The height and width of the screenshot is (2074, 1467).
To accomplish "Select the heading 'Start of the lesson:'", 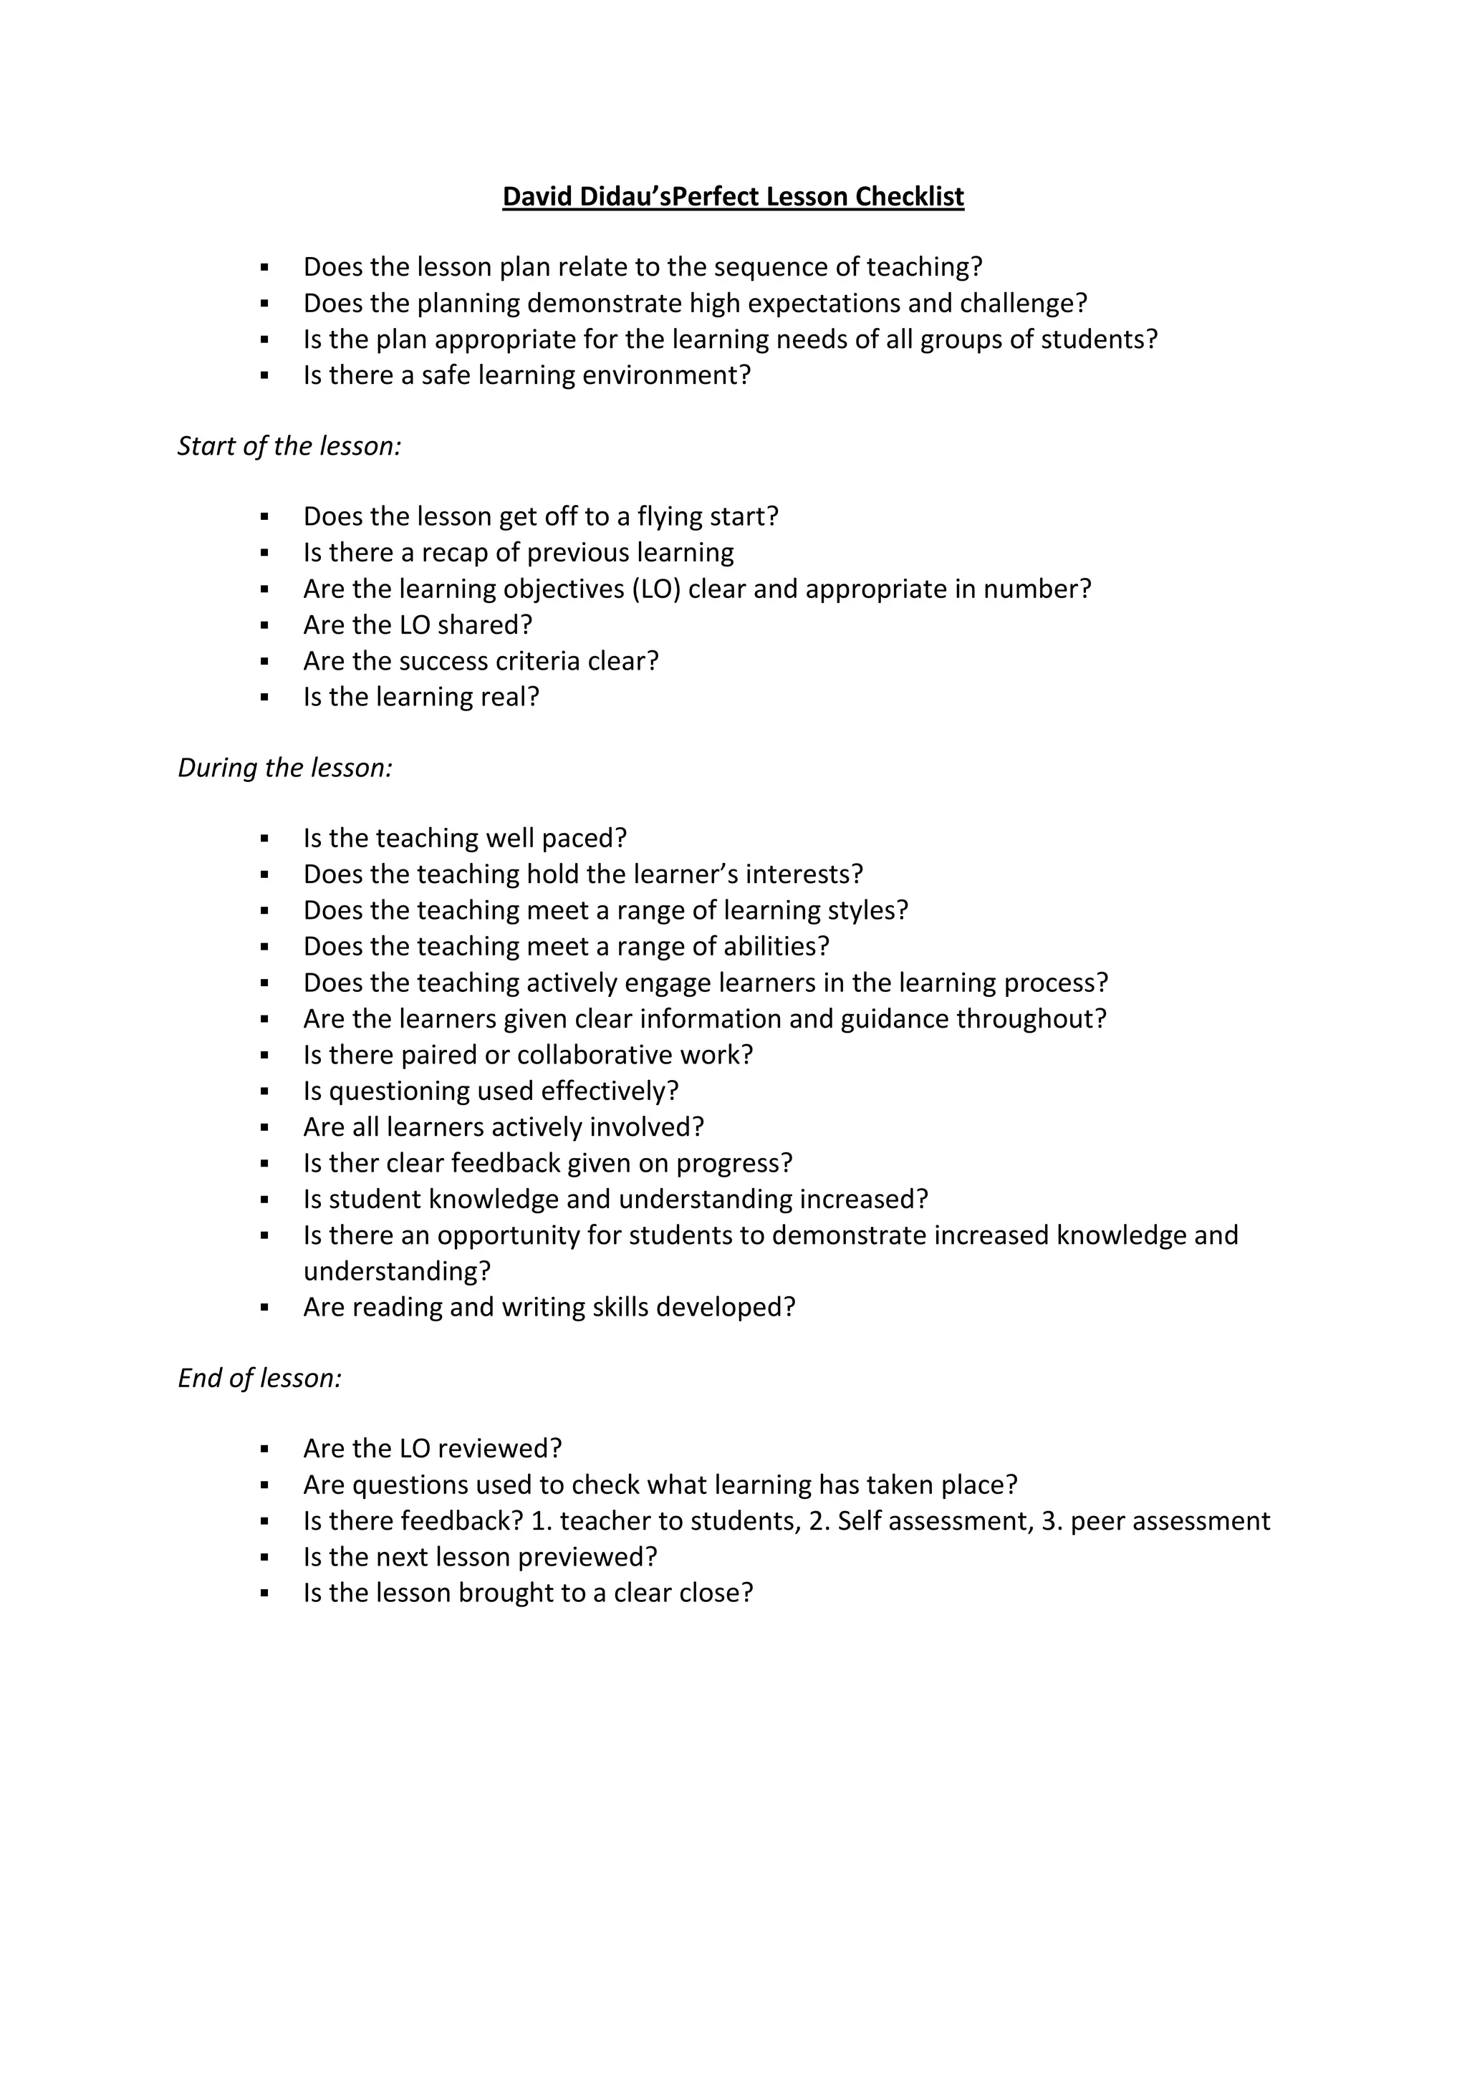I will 289,446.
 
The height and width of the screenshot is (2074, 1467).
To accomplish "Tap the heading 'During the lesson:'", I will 284,768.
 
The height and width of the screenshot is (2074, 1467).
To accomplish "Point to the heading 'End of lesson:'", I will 259,1379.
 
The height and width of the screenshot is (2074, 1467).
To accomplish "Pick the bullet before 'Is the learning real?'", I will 264,698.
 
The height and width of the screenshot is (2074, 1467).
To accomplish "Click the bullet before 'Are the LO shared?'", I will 264,625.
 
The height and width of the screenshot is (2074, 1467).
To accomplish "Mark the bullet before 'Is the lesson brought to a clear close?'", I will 264,1593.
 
